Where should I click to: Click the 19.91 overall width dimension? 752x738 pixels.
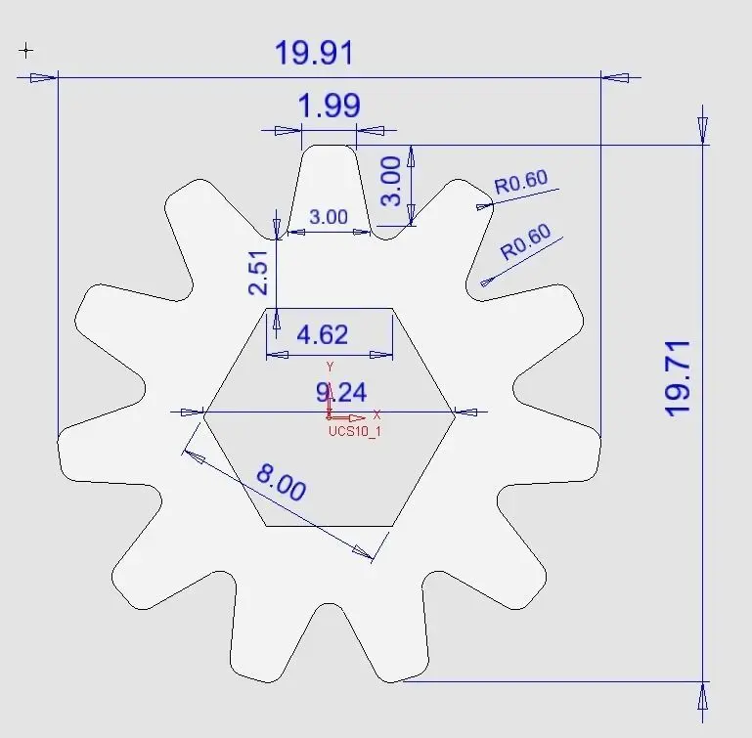313,54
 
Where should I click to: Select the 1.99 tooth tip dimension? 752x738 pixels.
329,106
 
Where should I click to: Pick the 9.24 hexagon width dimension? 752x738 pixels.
341,393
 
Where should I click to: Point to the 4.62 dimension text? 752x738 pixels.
322,335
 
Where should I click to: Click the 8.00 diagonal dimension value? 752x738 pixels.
282,483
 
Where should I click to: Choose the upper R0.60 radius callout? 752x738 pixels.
521,183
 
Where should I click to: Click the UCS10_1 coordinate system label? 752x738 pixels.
354,430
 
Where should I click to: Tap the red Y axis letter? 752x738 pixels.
331,367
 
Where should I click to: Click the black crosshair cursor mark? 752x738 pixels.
26,50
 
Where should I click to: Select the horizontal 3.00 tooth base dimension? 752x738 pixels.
328,217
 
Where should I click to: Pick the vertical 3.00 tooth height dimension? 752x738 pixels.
390,183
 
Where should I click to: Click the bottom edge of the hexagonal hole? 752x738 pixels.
329,525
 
